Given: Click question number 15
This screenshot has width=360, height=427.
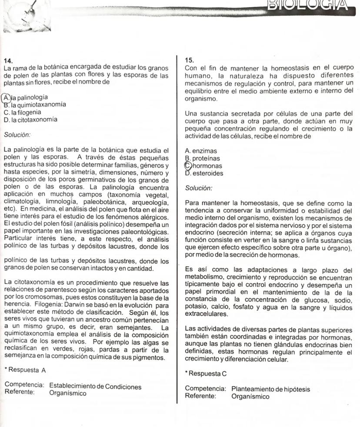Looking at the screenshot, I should pos(189,60).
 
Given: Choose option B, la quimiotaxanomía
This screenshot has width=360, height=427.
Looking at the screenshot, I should pos(35,104).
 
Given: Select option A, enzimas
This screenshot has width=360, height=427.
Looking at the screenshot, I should pos(201,151).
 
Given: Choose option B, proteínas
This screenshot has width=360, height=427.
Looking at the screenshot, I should pos(203,159).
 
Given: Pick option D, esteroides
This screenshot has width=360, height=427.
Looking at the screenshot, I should pos(204,173).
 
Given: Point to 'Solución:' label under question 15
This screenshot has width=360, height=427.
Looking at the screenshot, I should pos(198,188).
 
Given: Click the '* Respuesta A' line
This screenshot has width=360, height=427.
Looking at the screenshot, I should pos(25,370).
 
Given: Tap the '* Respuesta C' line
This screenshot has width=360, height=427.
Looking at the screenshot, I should pos(206,374).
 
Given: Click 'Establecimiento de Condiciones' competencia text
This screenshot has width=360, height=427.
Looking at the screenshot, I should pos(95,386).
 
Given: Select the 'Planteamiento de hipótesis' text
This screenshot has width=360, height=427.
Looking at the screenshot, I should pos(271,389).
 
